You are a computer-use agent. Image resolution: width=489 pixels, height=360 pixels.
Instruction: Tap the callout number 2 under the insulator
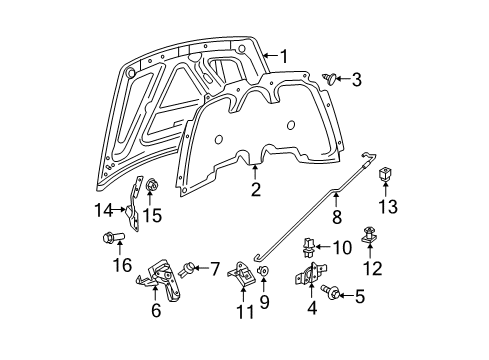[256, 190]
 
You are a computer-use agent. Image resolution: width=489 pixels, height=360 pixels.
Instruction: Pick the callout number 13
[386, 206]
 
